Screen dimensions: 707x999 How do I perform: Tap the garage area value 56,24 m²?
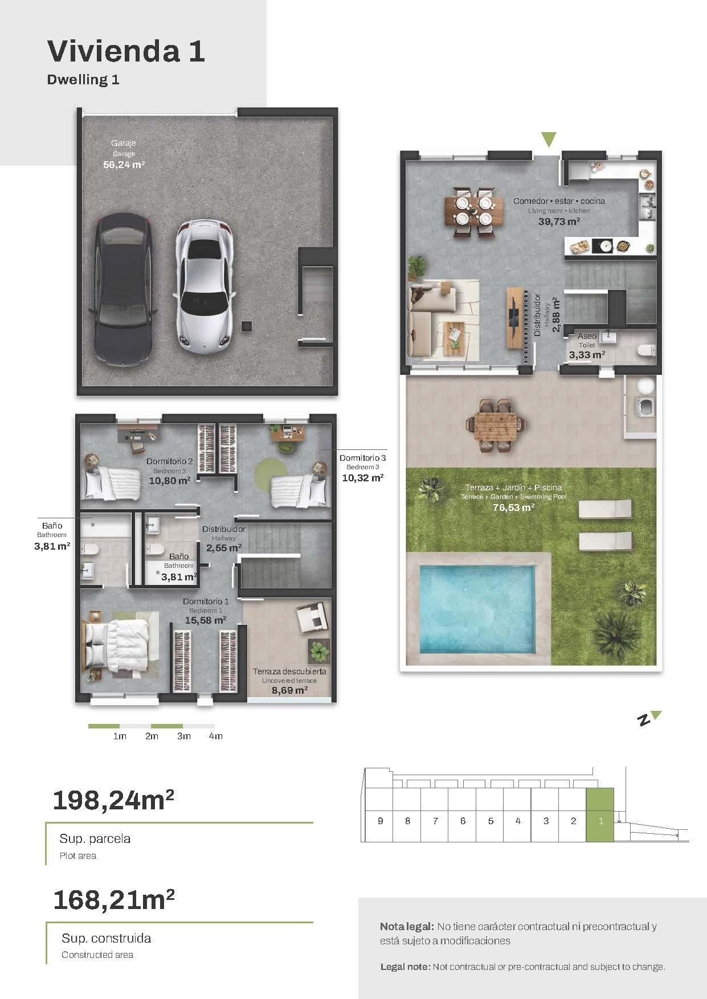(x=124, y=165)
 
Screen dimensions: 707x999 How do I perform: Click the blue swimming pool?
(x=477, y=609)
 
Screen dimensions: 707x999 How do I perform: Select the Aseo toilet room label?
(x=587, y=336)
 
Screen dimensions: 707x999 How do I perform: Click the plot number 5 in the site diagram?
(x=491, y=821)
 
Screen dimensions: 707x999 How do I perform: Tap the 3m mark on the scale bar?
(x=183, y=736)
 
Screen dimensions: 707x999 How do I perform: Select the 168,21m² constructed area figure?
(x=113, y=900)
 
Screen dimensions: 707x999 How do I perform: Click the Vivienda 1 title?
(x=126, y=51)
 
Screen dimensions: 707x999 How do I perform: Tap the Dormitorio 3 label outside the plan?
(x=363, y=458)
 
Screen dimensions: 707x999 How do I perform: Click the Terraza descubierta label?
(x=290, y=672)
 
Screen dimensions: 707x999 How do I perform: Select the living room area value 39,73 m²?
(x=559, y=222)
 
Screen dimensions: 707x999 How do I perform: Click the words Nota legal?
(x=407, y=927)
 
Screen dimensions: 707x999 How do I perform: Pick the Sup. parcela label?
(x=95, y=839)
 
